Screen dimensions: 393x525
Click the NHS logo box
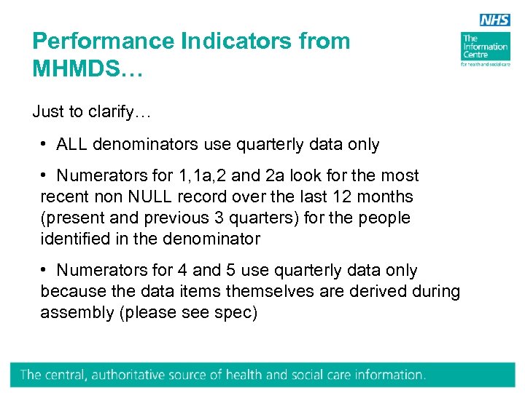click(x=494, y=21)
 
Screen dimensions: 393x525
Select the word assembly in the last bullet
click(x=74, y=313)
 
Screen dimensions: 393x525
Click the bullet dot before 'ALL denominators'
click(x=45, y=145)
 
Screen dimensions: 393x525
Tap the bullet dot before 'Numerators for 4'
click(x=45, y=271)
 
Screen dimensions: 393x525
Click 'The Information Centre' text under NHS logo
click(x=484, y=47)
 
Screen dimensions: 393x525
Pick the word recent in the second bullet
click(x=64, y=197)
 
